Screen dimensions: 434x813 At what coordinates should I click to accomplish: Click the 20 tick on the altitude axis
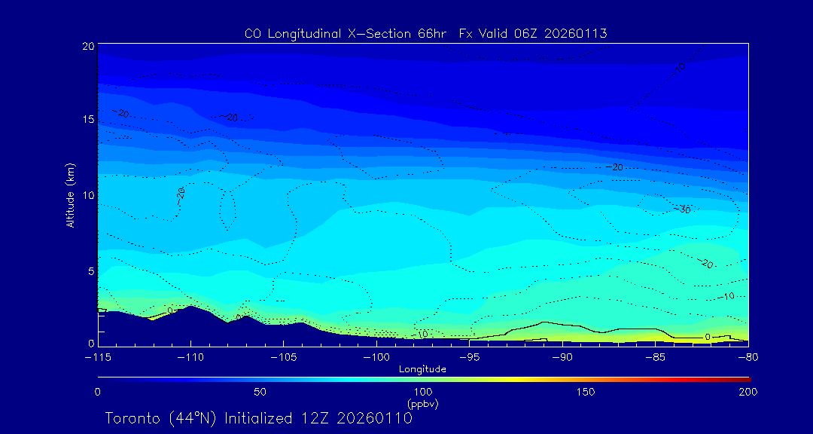[87, 46]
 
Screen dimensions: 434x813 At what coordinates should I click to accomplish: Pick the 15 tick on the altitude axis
[87, 120]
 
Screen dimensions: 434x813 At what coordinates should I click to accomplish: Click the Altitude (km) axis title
[70, 195]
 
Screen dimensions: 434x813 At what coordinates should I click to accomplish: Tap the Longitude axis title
[423, 369]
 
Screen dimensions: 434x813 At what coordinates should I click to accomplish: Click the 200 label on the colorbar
[748, 392]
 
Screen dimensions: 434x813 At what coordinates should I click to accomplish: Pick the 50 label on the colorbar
[260, 392]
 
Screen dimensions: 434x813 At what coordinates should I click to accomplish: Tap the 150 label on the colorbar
[586, 392]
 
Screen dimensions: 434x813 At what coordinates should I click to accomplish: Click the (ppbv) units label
[423, 404]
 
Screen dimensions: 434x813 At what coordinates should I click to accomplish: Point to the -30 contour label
[684, 209]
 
